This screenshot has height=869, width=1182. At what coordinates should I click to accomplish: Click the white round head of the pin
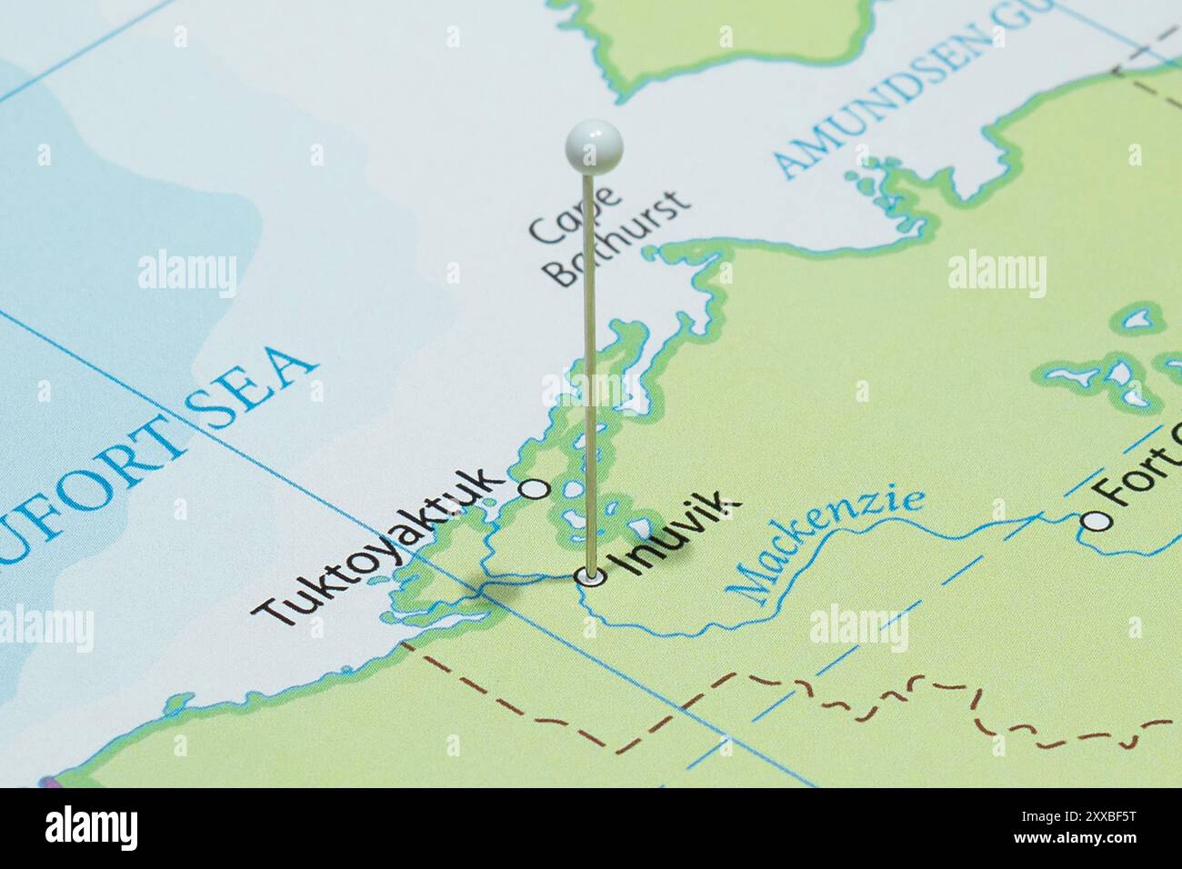593,146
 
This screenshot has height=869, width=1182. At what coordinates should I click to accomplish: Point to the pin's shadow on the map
509,586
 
